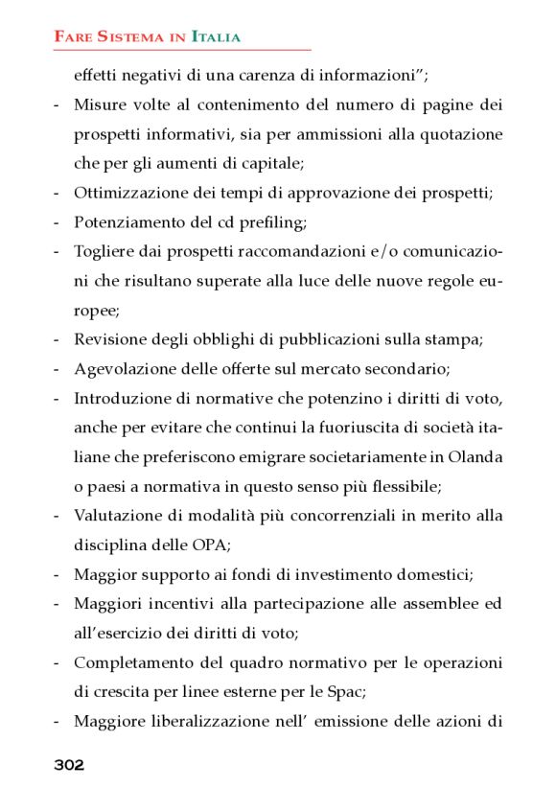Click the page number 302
[69, 765]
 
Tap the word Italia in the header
[217, 37]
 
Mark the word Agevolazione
[122, 368]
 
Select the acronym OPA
[199, 545]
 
